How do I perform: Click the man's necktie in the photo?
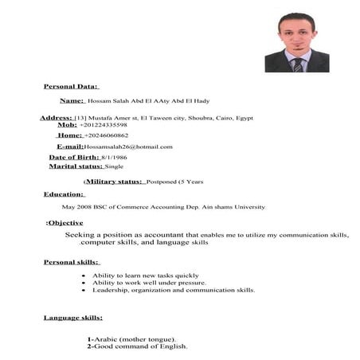(x=297, y=63)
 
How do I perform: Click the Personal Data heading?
(x=71, y=85)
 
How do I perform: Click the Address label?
(x=56, y=118)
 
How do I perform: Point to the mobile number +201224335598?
(x=104, y=125)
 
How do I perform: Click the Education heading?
(x=64, y=194)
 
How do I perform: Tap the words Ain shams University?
(x=230, y=207)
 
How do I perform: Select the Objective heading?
(x=65, y=223)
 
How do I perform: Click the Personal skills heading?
(x=71, y=262)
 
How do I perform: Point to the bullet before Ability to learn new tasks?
(x=84, y=275)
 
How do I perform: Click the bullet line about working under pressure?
(x=149, y=283)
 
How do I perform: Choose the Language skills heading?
(x=72, y=318)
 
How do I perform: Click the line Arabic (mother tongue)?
(x=132, y=339)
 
